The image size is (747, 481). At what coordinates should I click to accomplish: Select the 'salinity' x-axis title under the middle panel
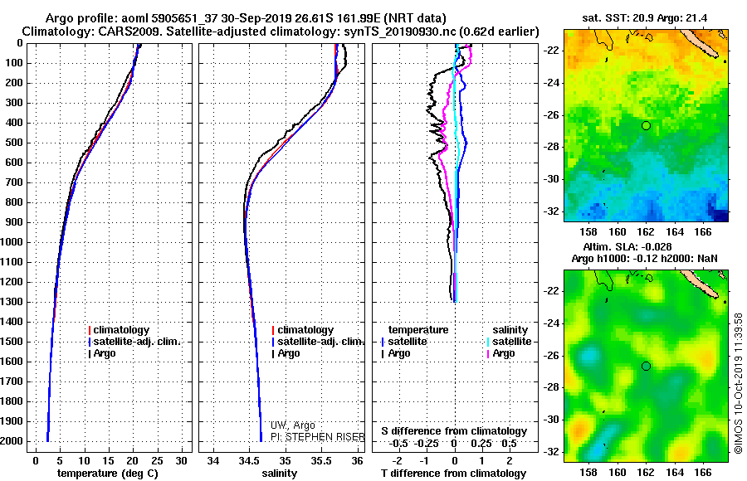[279, 473]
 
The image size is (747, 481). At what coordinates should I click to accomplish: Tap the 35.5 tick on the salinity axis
[321, 460]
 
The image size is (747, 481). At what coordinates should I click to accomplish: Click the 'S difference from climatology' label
[454, 431]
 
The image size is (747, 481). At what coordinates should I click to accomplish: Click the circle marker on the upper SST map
[646, 125]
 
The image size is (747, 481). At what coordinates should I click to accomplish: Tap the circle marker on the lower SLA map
[646, 366]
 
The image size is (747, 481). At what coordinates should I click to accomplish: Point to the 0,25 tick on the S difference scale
[485, 443]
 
